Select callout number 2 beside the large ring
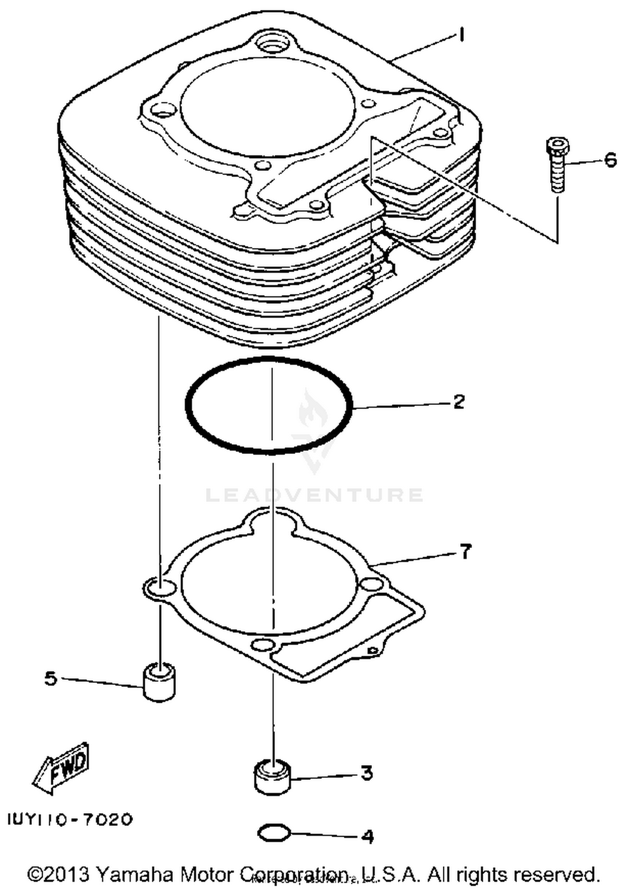[x=458, y=402]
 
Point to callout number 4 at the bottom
[x=367, y=837]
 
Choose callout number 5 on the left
[x=51, y=678]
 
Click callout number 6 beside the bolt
[x=610, y=160]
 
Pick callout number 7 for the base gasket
[x=465, y=551]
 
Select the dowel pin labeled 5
[x=159, y=682]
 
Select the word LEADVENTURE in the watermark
[x=314, y=495]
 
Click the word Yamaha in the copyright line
[x=134, y=874]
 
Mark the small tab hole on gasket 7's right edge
[x=371, y=651]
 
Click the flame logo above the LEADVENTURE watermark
[x=312, y=413]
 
